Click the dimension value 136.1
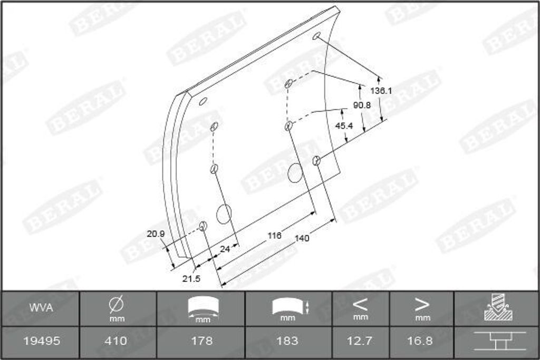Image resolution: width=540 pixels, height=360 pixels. pyautogui.click(x=381, y=91)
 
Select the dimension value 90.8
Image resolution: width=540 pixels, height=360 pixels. pyautogui.click(x=362, y=105)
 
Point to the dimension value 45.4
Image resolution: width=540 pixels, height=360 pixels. pyautogui.click(x=344, y=126)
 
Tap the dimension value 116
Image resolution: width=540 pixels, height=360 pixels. pyautogui.click(x=274, y=236)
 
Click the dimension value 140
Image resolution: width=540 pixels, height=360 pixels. pyautogui.click(x=302, y=238)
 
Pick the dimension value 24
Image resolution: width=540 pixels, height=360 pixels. pyautogui.click(x=225, y=249)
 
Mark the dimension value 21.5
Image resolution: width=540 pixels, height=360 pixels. pyautogui.click(x=191, y=278)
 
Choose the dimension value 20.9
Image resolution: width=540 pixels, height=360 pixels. pyautogui.click(x=156, y=234)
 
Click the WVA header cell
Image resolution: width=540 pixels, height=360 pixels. pyautogui.click(x=41, y=308)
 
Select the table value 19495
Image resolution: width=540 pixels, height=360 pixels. pyautogui.click(x=42, y=341)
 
